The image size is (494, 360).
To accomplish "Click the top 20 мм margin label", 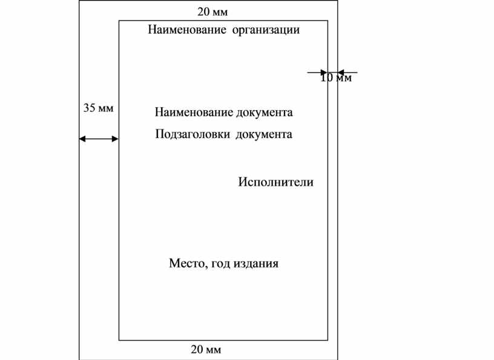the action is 212,12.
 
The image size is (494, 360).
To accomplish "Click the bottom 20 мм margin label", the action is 206,350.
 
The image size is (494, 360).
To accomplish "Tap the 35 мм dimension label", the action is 98,108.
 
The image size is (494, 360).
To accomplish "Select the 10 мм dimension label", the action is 336,77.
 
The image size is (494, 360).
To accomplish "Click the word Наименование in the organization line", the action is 187,30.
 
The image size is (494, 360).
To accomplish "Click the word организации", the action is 266,30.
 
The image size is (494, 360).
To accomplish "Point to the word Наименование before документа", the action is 194,113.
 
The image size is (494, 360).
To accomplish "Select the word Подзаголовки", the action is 193,134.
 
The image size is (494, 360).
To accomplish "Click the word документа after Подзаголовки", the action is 264,135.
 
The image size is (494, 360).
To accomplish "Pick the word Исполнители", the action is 275,182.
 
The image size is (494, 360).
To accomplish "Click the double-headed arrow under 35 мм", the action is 99,139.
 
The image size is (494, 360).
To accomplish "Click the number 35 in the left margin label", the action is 89,108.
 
